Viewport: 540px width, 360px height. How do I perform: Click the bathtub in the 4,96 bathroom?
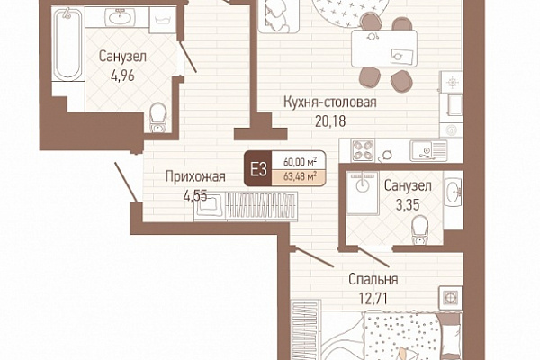pyautogui.click(x=67, y=44)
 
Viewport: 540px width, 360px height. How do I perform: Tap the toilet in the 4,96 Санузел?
pyautogui.click(x=158, y=117)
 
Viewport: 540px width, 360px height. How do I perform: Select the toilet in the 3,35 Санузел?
pyautogui.click(x=420, y=229)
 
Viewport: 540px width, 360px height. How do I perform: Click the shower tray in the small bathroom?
pyautogui.click(x=363, y=193)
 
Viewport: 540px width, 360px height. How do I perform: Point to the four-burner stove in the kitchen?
pyautogui.click(x=363, y=150)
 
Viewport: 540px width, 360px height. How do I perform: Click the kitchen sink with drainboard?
pyautogui.click(x=428, y=150)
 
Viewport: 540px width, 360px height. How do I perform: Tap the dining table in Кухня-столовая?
pyautogui.click(x=384, y=49)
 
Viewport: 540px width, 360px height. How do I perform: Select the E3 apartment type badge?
pyautogui.click(x=258, y=169)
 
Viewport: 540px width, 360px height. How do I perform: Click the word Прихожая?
pyautogui.click(x=195, y=176)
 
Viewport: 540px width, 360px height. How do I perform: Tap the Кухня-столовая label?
pyautogui.click(x=330, y=103)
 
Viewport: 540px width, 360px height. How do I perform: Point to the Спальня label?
pyautogui.click(x=373, y=279)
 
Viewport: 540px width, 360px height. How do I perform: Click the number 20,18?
pyautogui.click(x=330, y=121)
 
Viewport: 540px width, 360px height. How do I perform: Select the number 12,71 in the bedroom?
pyautogui.click(x=373, y=298)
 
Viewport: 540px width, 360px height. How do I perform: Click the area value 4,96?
pyautogui.click(x=122, y=76)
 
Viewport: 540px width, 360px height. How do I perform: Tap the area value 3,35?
pyautogui.click(x=408, y=205)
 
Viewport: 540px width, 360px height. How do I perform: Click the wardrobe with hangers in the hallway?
pyautogui.click(x=262, y=205)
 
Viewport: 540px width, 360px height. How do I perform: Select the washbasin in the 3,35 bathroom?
pyautogui.click(x=453, y=192)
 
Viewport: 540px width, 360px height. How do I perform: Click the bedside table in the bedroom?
pyautogui.click(x=450, y=298)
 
